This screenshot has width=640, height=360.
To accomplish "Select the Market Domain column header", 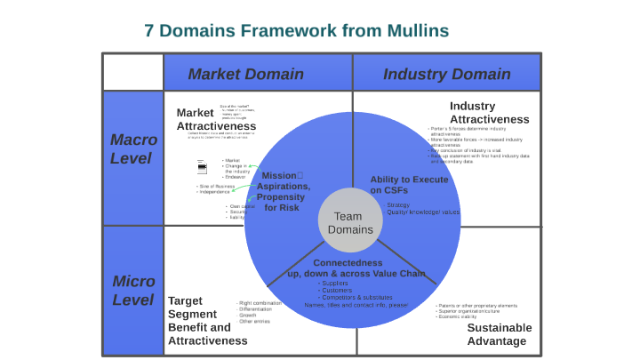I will click(x=245, y=74).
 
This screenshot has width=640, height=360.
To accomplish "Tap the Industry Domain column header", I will click(x=446, y=74).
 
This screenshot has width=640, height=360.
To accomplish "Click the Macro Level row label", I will click(x=133, y=148).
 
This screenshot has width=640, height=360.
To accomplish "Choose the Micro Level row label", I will click(x=133, y=291).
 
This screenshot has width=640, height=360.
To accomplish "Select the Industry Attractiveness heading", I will click(x=489, y=113).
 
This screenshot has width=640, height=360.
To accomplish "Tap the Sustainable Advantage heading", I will click(x=500, y=334).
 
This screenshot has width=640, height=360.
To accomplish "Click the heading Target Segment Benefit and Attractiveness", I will click(x=207, y=320).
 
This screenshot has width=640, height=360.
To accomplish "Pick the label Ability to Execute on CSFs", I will click(x=409, y=185).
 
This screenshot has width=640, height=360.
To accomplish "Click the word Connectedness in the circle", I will click(x=348, y=263).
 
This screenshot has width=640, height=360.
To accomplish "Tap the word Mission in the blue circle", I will click(x=277, y=175).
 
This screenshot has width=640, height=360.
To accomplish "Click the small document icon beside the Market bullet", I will click(x=202, y=166).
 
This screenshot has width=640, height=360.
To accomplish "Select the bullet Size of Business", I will click(x=217, y=186).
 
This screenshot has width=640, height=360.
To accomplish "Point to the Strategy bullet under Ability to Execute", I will click(x=397, y=205).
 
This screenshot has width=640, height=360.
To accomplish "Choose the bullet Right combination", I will click(x=260, y=303).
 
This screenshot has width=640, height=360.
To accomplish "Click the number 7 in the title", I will click(x=149, y=30).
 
